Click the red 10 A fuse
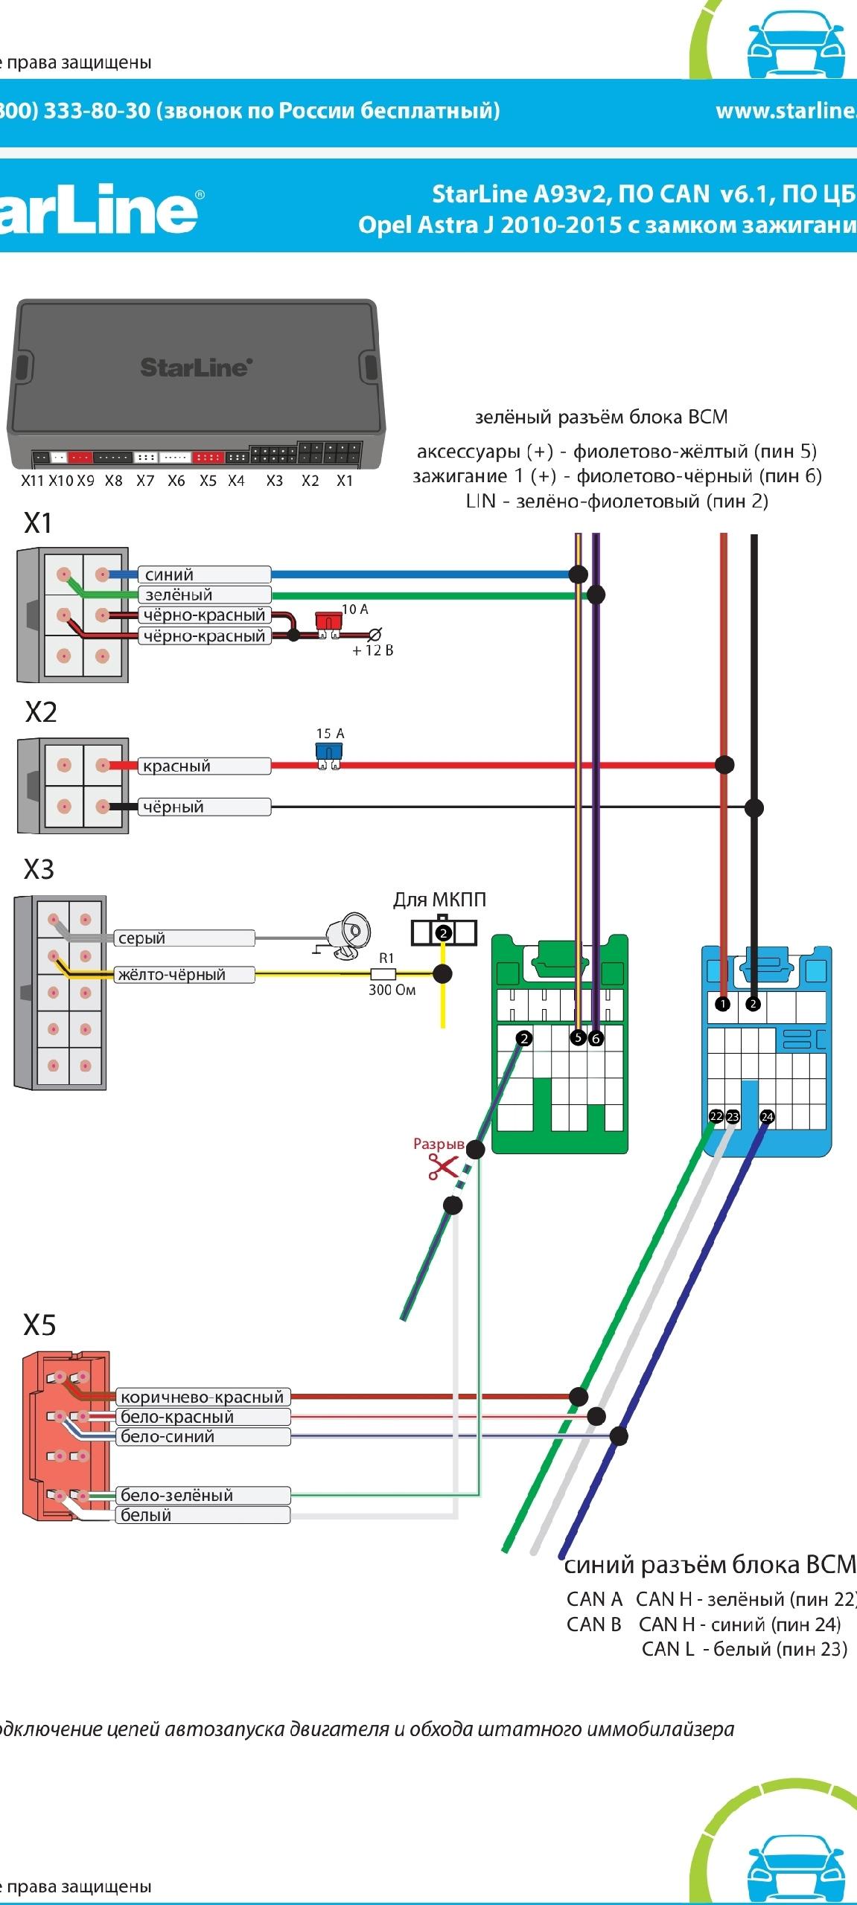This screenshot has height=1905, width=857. coord(327,624)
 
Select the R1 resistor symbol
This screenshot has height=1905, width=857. coord(383,973)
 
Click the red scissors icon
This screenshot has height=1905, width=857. coord(442,1168)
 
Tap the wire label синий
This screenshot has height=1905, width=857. coord(169,574)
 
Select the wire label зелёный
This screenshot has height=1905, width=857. coord(179,595)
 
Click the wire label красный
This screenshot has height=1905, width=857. coord(176,766)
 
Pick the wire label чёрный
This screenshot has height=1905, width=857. coord(173,807)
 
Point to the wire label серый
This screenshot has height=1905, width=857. coord(141,938)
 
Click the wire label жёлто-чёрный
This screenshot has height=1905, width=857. coord(171,974)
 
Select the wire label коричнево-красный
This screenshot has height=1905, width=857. coord(202,1397)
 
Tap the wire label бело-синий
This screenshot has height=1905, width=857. coord(168,1436)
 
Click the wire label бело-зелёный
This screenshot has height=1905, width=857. coord(176,1495)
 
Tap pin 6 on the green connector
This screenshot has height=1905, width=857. coord(596,1038)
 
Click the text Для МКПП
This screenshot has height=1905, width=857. coord(439,900)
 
